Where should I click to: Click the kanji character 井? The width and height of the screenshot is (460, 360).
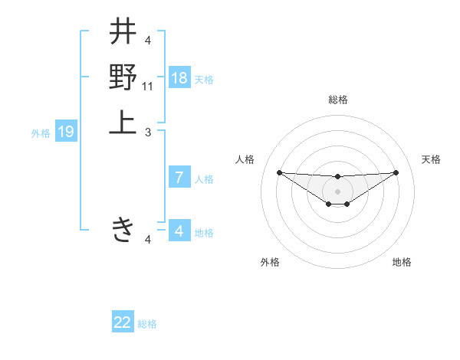coord(123,33)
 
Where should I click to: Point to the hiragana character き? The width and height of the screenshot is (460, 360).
coord(123,228)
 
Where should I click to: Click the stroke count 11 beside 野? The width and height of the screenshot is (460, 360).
coord(149,88)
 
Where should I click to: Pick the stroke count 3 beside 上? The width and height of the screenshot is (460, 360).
coord(149,133)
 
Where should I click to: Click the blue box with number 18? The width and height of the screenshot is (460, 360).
coord(179,77)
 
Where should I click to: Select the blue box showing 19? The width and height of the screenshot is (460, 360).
coord(66,132)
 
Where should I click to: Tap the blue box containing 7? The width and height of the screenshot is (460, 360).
coord(179,178)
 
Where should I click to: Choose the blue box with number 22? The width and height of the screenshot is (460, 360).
coord(123,322)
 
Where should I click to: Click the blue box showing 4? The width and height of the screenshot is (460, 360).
coord(179,231)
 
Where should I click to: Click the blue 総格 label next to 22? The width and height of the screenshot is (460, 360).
coord(147,324)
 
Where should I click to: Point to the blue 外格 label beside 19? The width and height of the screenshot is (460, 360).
coord(41,133)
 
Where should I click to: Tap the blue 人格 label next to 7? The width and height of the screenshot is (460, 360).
coord(204,179)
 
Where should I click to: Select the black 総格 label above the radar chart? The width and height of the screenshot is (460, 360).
coord(338,100)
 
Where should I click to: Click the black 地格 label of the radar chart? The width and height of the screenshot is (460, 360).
coord(402,262)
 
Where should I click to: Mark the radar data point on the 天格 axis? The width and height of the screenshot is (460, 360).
coord(396,172)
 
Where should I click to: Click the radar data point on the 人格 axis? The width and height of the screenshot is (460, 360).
coord(279,172)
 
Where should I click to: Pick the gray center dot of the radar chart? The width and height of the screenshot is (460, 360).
coord(337,191)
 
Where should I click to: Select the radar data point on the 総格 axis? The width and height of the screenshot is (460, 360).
coord(337,177)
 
